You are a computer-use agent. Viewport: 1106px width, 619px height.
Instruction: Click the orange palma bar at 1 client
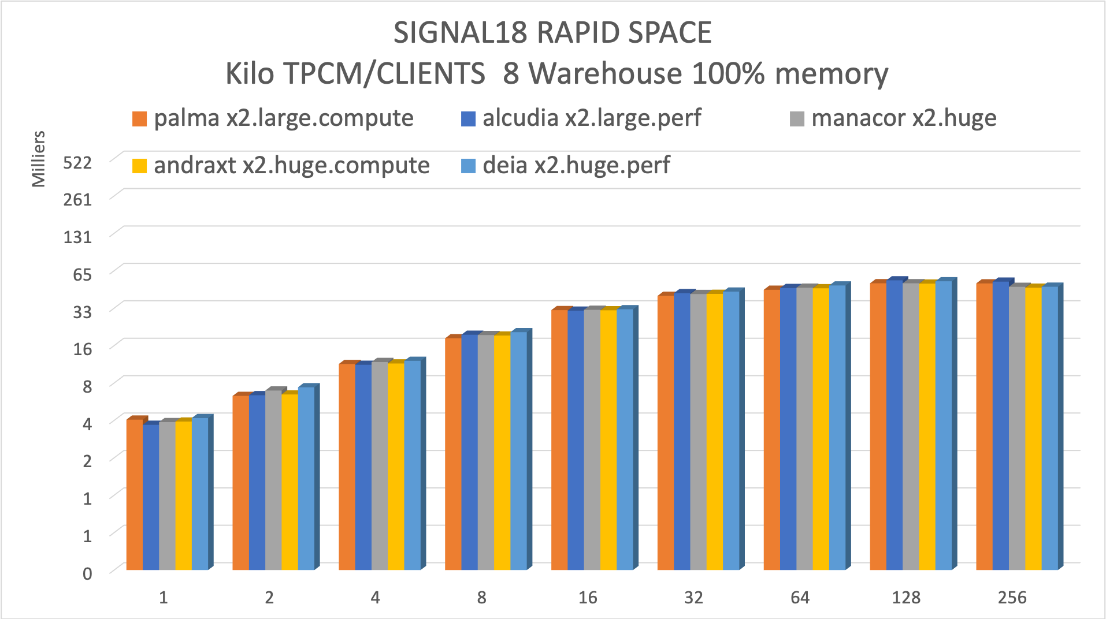[135, 494]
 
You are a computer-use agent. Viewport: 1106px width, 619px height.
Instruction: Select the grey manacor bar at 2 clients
[273, 480]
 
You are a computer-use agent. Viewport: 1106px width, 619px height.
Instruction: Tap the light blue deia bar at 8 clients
[518, 450]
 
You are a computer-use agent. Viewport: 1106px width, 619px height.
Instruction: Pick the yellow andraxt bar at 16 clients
[608, 439]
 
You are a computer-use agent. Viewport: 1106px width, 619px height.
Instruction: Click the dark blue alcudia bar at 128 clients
[895, 425]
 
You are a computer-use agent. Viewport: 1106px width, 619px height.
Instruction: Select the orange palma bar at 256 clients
[985, 426]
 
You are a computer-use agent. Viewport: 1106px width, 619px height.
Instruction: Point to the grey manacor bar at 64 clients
[804, 428]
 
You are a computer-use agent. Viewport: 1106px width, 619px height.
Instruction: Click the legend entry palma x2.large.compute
[283, 118]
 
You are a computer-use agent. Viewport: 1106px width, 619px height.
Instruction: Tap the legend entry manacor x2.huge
[903, 118]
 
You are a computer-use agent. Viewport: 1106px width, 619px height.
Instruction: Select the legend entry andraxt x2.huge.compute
[291, 166]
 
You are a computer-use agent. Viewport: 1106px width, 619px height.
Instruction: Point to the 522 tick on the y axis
[77, 163]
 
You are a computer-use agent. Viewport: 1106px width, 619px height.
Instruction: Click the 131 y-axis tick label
[77, 237]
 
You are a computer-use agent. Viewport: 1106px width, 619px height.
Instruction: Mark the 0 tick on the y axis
[87, 573]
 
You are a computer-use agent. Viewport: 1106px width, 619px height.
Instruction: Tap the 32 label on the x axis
[693, 598]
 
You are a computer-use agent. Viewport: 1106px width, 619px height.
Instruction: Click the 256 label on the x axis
[1012, 598]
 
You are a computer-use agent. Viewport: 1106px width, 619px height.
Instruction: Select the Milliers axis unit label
[38, 159]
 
